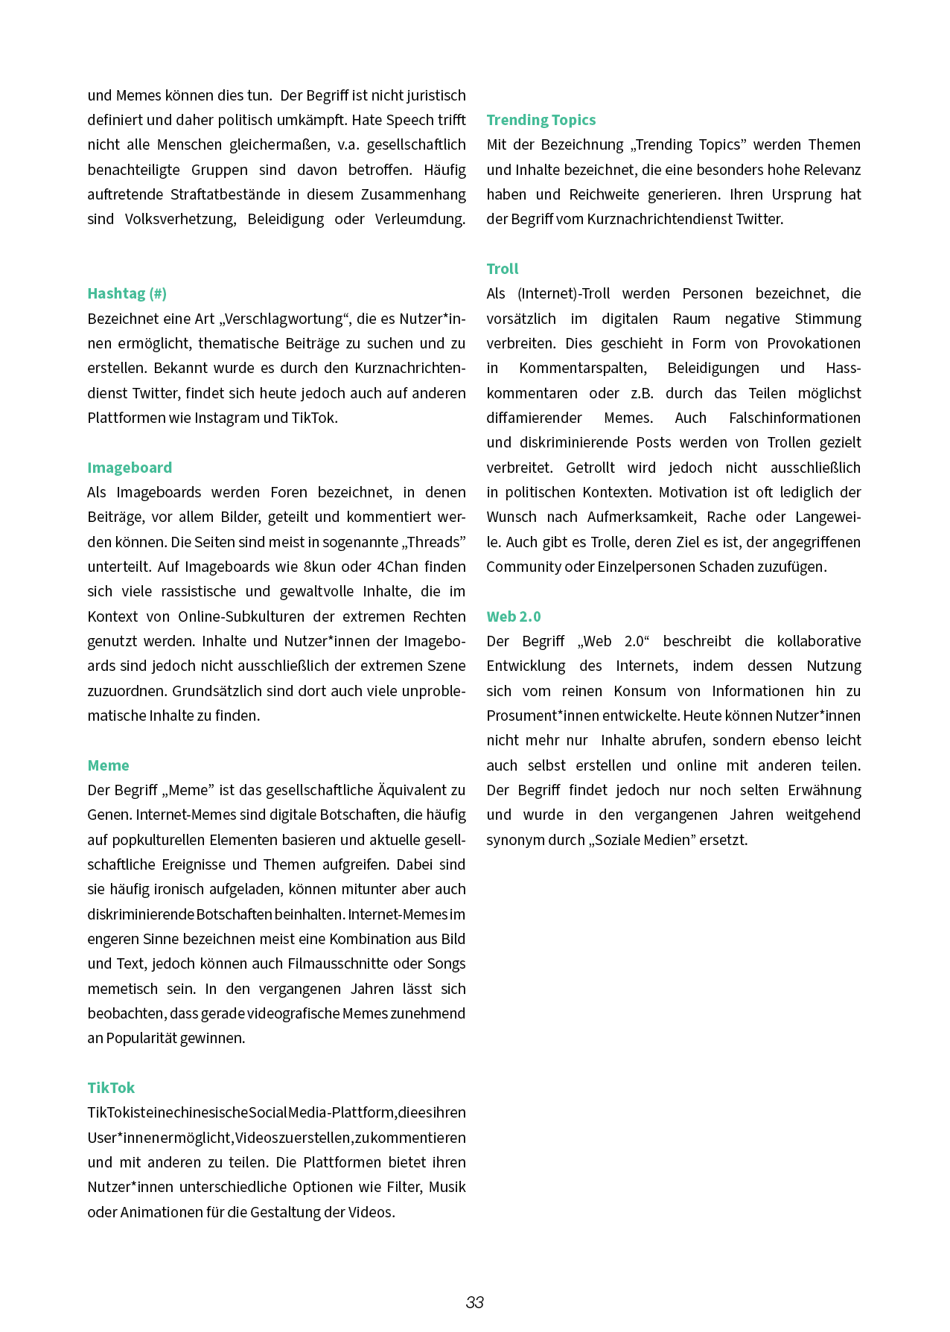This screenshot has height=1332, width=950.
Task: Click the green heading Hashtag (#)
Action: pos(127,293)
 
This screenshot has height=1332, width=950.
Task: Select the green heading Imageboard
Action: pos(130,468)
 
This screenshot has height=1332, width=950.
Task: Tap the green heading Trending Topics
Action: pos(541,120)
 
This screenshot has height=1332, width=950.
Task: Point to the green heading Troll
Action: pos(503,269)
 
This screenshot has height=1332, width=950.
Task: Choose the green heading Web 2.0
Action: pos(514,616)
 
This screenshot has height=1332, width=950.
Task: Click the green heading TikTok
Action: pos(111,1088)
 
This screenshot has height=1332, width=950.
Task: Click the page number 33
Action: pos(475,1302)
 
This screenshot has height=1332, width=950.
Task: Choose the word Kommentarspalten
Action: pos(583,368)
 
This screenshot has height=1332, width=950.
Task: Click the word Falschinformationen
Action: pos(794,418)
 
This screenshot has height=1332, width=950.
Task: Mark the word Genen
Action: pos(109,815)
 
